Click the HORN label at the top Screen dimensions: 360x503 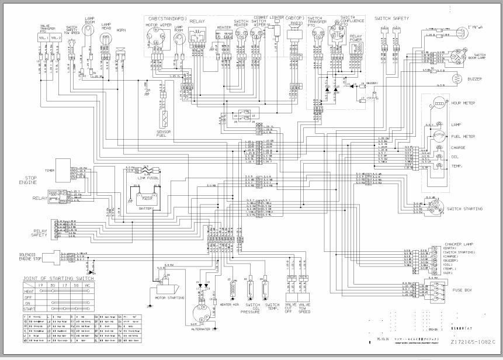coord(121,30)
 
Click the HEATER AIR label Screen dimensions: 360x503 coord(229,304)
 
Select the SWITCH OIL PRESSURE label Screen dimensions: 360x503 coord(249,308)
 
